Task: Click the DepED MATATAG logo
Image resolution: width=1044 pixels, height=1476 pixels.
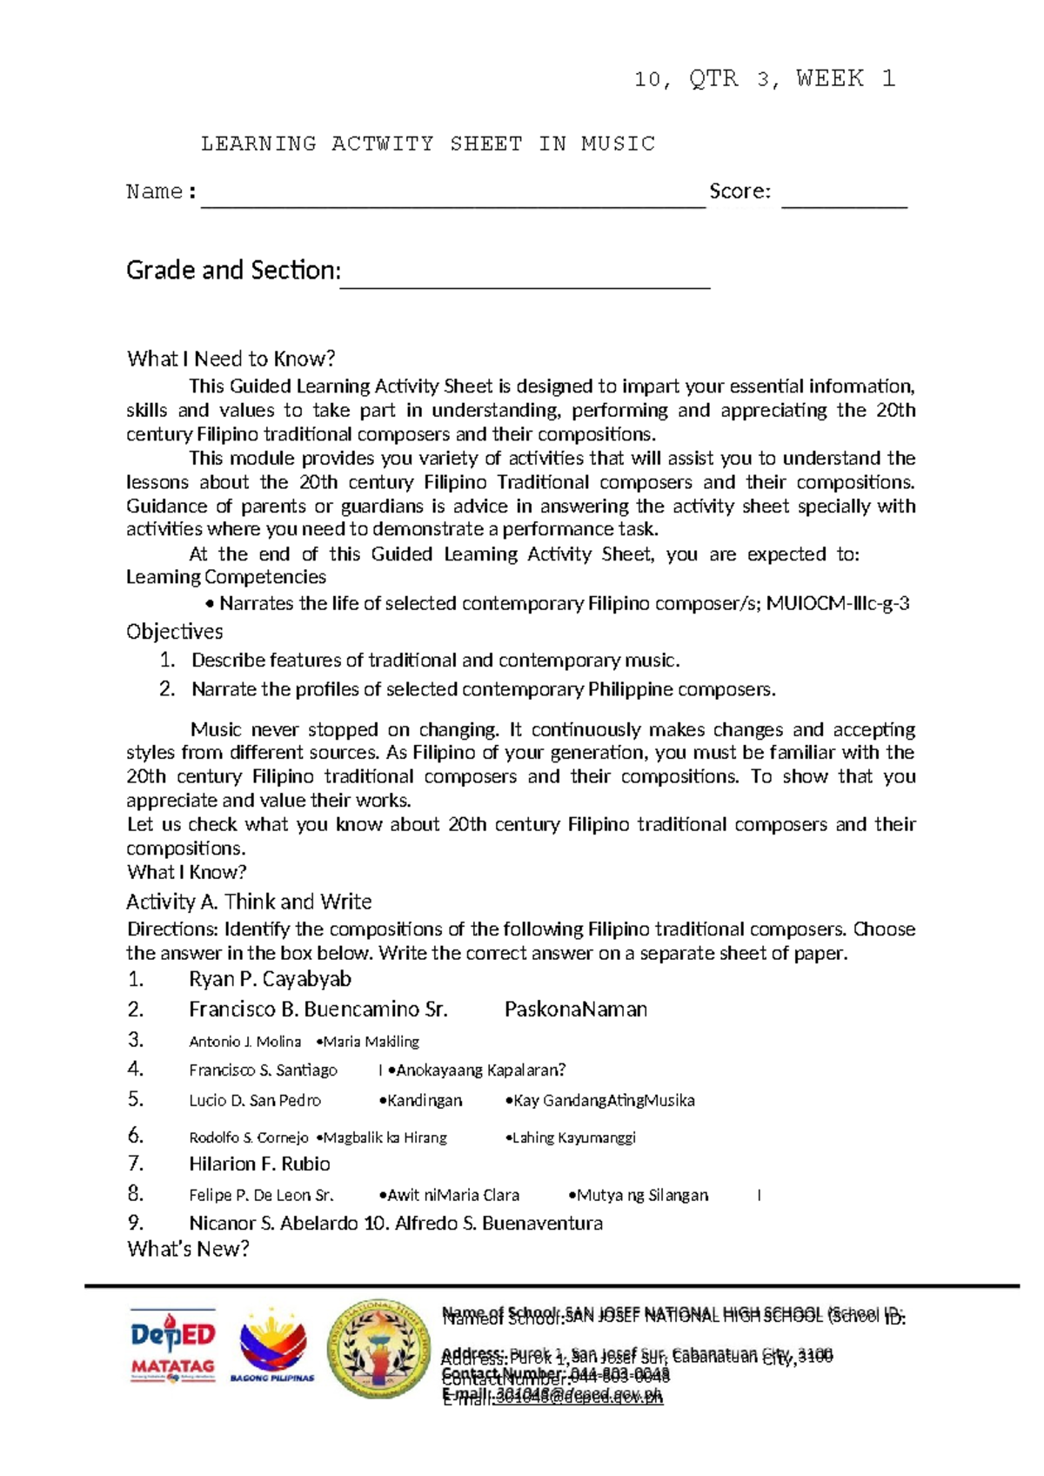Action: point(173,1345)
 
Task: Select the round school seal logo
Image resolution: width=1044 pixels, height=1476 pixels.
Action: point(378,1348)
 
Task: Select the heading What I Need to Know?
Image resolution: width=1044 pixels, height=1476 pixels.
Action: point(231,359)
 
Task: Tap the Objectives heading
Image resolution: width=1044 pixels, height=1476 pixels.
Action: point(174,632)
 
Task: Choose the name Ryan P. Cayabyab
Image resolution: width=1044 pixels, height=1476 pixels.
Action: point(270,979)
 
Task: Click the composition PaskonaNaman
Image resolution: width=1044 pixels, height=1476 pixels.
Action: point(576,1010)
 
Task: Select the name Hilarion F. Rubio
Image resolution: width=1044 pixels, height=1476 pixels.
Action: point(259,1164)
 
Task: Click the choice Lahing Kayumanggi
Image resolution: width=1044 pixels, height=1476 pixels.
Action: point(572,1137)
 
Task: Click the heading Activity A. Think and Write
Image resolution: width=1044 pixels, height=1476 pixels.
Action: point(249,902)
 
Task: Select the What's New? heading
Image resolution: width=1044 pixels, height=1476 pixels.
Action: point(188,1250)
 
